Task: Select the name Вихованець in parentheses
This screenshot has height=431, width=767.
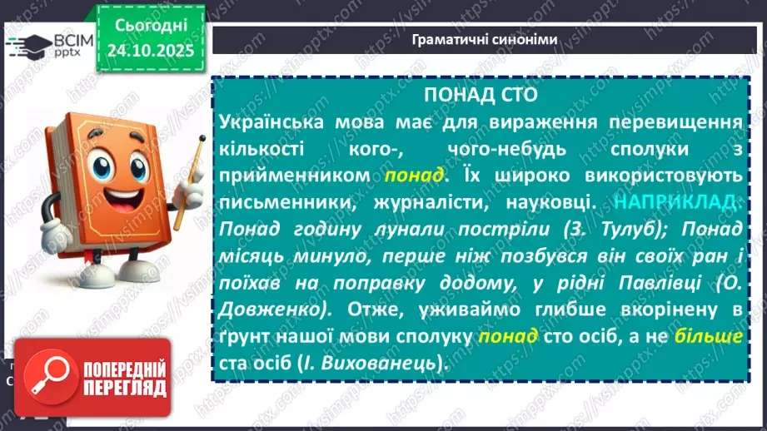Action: coord(382,364)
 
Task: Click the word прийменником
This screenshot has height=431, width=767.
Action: coord(296,177)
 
